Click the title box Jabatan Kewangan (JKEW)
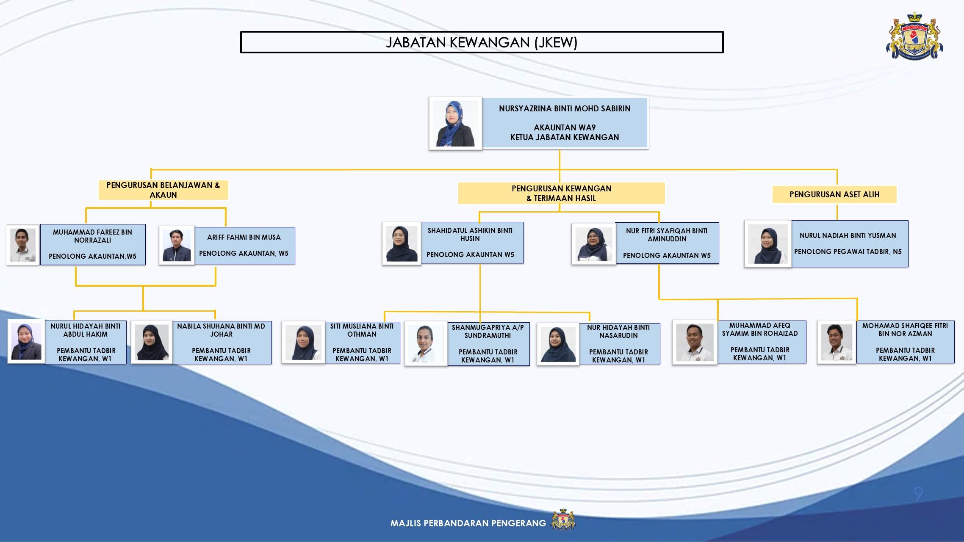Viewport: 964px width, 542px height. [x=482, y=42]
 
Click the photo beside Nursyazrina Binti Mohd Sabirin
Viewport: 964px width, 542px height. [x=455, y=123]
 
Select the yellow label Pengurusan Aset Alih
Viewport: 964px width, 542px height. [x=834, y=194]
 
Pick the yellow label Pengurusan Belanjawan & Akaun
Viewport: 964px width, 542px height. [x=163, y=190]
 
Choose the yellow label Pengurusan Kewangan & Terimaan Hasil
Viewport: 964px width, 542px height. [x=561, y=193]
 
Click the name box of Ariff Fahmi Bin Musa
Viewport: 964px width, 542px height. [x=244, y=246]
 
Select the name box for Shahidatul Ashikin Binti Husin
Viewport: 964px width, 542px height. [x=472, y=243]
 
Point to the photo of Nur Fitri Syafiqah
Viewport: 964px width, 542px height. [x=593, y=244]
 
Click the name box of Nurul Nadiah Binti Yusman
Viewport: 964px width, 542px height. [x=850, y=243]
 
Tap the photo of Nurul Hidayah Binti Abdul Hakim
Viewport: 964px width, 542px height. [x=26, y=341]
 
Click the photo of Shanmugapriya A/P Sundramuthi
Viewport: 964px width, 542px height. [x=426, y=344]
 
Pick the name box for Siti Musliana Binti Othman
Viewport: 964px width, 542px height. [x=363, y=342]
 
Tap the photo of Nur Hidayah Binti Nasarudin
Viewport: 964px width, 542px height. [x=558, y=344]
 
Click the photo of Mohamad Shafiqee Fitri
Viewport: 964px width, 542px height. [x=837, y=342]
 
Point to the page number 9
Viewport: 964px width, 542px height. [x=918, y=494]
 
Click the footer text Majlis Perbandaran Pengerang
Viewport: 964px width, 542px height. [x=468, y=523]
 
